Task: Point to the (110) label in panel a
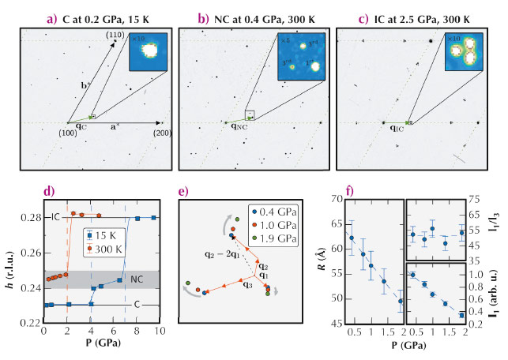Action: click(x=115, y=35)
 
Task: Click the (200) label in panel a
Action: click(x=164, y=133)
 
